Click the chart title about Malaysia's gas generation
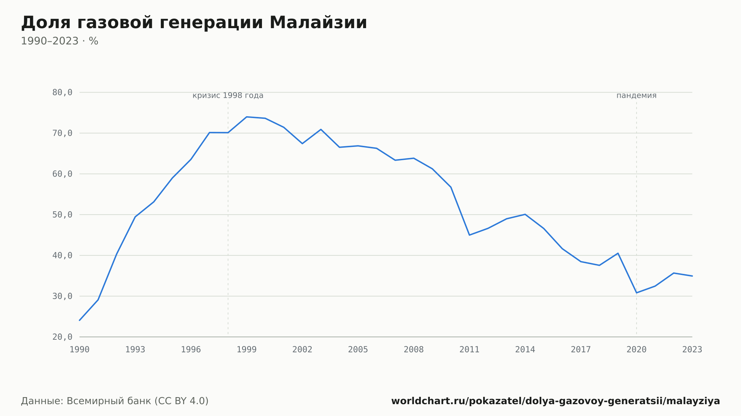(194, 23)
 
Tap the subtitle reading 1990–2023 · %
(60, 41)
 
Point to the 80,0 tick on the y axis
(62, 93)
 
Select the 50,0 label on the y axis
(62, 215)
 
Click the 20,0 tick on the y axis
(62, 337)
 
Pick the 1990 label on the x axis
(80, 350)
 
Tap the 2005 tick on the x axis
(358, 350)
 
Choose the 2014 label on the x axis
(525, 350)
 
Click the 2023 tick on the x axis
(692, 350)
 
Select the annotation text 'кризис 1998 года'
(228, 96)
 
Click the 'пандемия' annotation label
(637, 96)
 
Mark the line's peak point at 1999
(247, 117)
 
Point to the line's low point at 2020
(637, 293)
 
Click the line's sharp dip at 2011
(469, 235)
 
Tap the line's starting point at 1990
(80, 320)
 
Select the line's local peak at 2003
(321, 130)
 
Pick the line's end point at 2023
(692, 276)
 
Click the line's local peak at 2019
(618, 253)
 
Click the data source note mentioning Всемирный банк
(115, 401)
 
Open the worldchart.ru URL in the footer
(556, 401)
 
